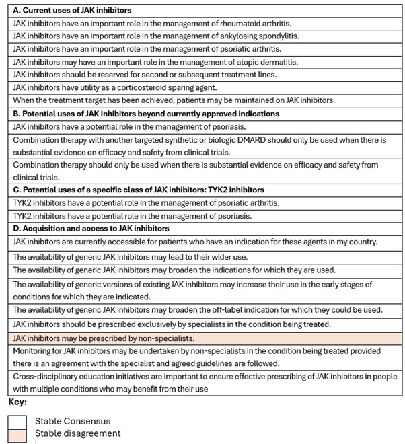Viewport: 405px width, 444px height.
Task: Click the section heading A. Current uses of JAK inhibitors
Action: tap(72, 11)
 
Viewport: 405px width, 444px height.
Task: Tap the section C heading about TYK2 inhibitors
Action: tap(139, 190)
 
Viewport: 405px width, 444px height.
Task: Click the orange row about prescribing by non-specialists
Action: tap(104, 338)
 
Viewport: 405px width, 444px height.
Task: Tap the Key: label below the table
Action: tap(17, 402)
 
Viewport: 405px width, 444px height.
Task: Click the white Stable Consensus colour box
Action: tap(17, 421)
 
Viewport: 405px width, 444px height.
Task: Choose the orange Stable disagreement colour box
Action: tap(17, 434)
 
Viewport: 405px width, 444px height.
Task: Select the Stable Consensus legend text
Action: tap(72, 421)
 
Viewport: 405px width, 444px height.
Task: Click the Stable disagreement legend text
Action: tap(78, 433)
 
